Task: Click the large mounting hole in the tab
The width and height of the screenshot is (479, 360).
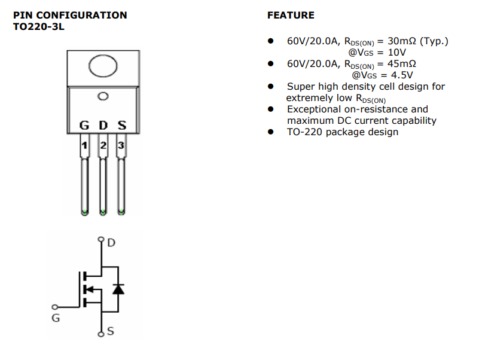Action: pos(102,68)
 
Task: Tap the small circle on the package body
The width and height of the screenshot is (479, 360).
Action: pos(103,96)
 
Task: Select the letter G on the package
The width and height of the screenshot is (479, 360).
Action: pos(84,126)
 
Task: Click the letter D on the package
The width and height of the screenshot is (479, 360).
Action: pos(103,126)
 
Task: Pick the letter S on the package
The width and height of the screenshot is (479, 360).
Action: pos(122,126)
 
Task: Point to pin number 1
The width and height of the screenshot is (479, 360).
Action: pos(85,146)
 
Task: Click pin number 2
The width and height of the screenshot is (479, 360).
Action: pos(103,146)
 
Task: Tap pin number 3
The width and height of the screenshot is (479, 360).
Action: pos(121,146)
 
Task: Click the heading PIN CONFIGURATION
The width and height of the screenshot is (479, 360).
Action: pos(70,15)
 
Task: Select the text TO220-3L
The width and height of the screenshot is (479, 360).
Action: pos(38,27)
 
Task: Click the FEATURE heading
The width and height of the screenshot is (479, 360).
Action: pos(291,15)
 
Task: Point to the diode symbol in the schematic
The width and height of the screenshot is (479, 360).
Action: pos(118,289)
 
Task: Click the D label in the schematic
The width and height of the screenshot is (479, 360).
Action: pos(111,243)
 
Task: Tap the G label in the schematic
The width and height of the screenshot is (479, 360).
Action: pos(56,318)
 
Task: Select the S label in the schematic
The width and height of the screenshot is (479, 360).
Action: pos(111,331)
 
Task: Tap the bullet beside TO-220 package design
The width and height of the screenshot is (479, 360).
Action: pos(271,132)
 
